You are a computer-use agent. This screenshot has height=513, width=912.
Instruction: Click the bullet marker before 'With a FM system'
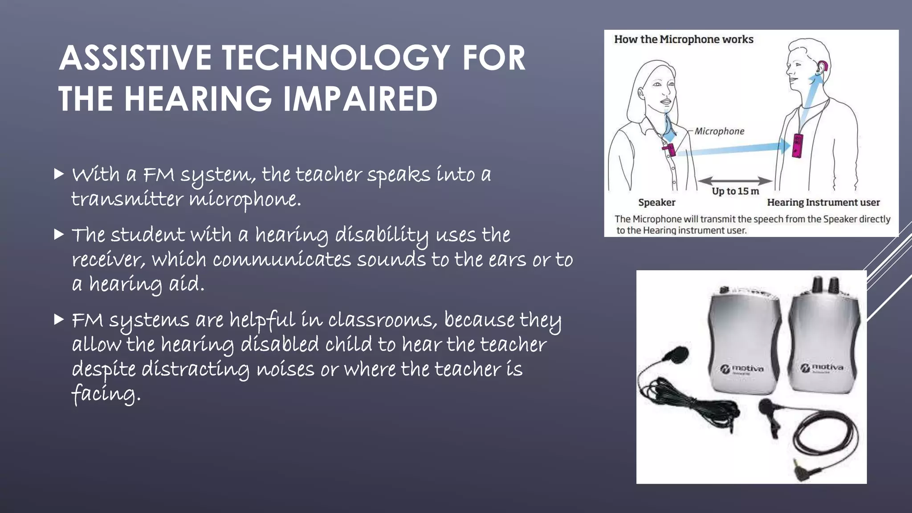coord(59,174)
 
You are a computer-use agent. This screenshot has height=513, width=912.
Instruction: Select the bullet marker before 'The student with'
coord(59,234)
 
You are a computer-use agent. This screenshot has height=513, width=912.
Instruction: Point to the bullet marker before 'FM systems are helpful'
coord(59,319)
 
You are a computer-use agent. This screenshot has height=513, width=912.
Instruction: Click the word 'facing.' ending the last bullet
coord(106,394)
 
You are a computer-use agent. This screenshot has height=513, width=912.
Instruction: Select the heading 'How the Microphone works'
coord(684,40)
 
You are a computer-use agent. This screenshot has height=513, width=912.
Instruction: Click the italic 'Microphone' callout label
coord(719,131)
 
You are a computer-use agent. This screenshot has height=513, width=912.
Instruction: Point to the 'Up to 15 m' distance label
coord(735,191)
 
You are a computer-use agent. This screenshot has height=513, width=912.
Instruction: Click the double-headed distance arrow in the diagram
coord(735,181)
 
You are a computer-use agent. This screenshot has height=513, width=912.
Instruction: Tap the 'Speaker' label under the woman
coord(656,203)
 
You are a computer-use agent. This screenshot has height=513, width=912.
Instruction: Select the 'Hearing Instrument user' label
coord(823,203)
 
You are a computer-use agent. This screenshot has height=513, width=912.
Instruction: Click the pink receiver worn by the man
coord(798,145)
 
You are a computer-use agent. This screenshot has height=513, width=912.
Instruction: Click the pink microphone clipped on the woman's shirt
coord(669,149)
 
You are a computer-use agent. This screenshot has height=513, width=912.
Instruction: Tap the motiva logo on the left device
coord(742,369)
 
